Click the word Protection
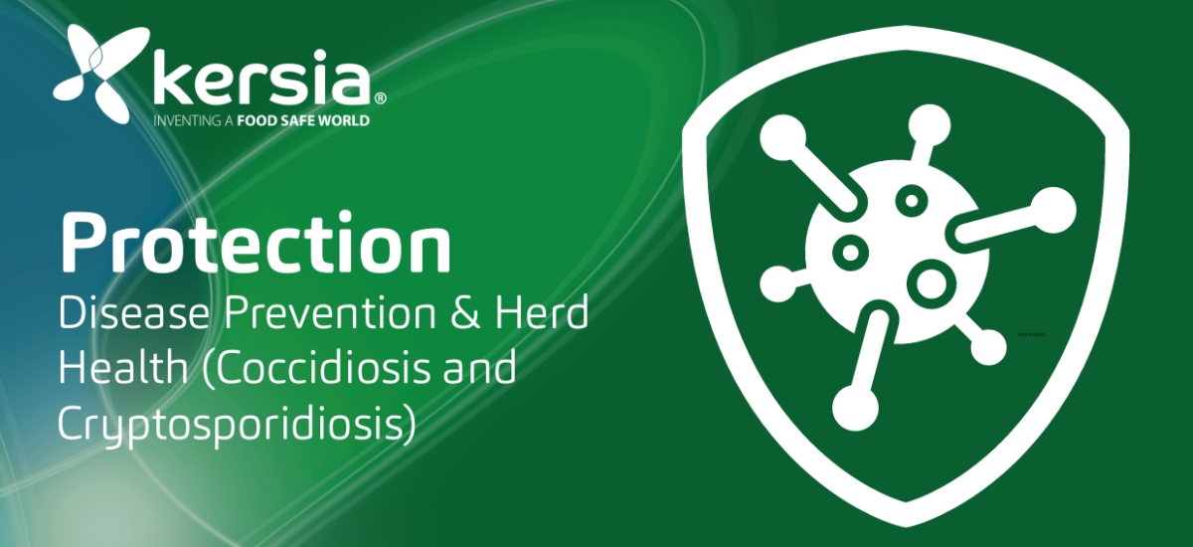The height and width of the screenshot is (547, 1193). pos(256,243)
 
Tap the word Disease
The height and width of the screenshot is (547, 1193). pos(134,312)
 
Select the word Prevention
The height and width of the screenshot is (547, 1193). pos(330,312)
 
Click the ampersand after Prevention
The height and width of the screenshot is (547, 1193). pos(465,312)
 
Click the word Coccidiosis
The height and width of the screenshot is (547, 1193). pos(317,368)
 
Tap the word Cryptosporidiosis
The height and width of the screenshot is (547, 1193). pos(237,424)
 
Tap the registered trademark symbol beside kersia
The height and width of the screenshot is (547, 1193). pos(380,98)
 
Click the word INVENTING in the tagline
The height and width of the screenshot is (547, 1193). pos(188,121)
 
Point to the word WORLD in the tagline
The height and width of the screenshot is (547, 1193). pos(344,121)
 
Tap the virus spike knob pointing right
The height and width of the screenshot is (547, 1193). pos(1053,211)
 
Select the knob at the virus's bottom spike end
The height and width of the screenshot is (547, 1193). pos(855,409)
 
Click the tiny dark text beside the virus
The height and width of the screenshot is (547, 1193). pos(1031,334)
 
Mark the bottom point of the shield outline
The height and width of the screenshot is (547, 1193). pos(906,526)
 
